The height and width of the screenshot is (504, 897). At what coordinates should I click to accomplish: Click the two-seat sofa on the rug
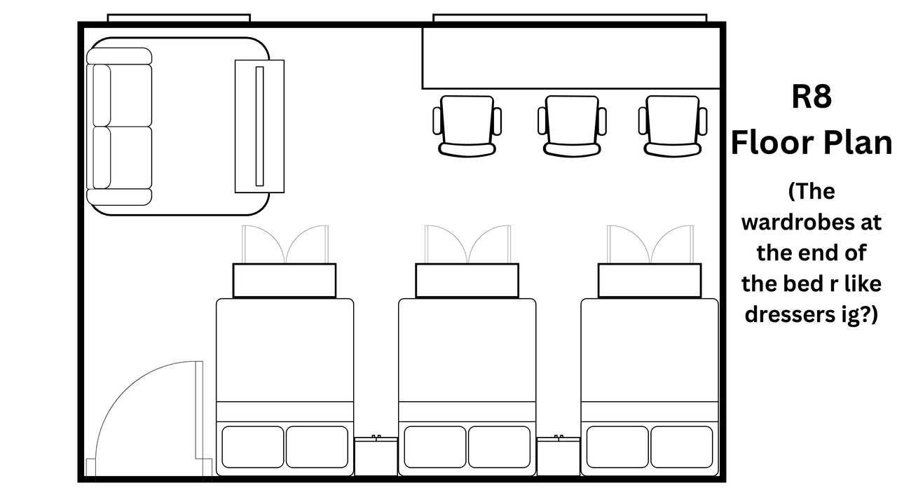click(x=119, y=127)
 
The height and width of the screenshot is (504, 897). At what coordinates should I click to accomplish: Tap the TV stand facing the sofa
click(x=259, y=126)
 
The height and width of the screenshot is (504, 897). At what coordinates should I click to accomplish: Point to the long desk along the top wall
click(x=571, y=58)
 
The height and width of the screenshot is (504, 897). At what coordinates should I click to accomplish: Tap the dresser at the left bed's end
click(x=285, y=280)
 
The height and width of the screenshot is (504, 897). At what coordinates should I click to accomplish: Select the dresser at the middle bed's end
click(x=467, y=280)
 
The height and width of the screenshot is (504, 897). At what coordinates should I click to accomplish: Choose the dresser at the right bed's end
click(x=650, y=280)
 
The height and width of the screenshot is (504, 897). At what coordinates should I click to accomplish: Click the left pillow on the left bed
click(x=253, y=447)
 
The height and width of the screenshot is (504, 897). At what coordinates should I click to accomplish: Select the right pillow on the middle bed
click(x=499, y=447)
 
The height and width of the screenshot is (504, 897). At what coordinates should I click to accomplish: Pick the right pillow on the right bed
click(x=681, y=447)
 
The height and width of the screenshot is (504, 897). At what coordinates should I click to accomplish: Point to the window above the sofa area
click(x=179, y=17)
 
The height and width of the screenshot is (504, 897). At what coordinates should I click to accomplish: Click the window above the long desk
click(x=570, y=17)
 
